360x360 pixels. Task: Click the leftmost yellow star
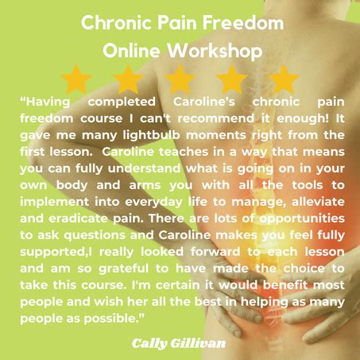coord(76,79)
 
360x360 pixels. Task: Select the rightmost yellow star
coord(282,79)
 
